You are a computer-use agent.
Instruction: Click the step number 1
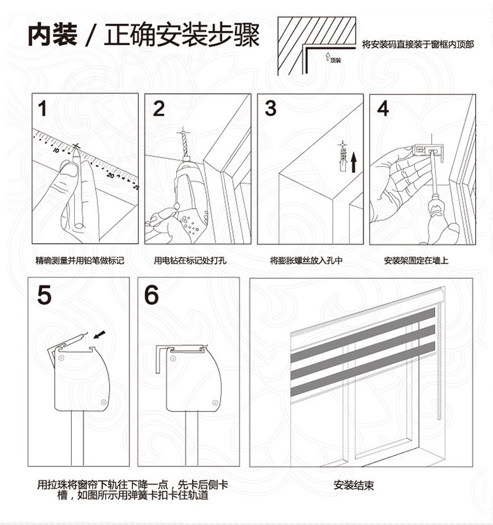click(x=42, y=109)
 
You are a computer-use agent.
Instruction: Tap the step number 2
click(x=159, y=109)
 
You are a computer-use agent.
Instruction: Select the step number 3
click(x=271, y=108)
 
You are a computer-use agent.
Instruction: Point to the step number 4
click(x=383, y=108)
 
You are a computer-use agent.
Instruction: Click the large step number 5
click(x=44, y=295)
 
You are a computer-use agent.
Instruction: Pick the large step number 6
click(x=151, y=295)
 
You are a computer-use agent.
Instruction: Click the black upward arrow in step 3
click(x=354, y=162)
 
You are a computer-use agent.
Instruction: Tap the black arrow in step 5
click(x=99, y=334)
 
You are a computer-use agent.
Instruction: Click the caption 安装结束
click(x=354, y=485)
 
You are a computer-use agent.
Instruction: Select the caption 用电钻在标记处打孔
click(x=190, y=260)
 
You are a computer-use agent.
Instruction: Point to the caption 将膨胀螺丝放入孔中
click(x=306, y=260)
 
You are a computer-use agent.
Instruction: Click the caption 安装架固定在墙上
click(x=416, y=260)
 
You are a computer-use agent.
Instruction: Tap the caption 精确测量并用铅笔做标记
click(x=80, y=260)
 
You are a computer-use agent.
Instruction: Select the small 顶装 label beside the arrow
click(x=335, y=60)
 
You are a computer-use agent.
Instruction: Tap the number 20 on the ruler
click(x=110, y=175)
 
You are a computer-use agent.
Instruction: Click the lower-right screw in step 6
click(x=216, y=402)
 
